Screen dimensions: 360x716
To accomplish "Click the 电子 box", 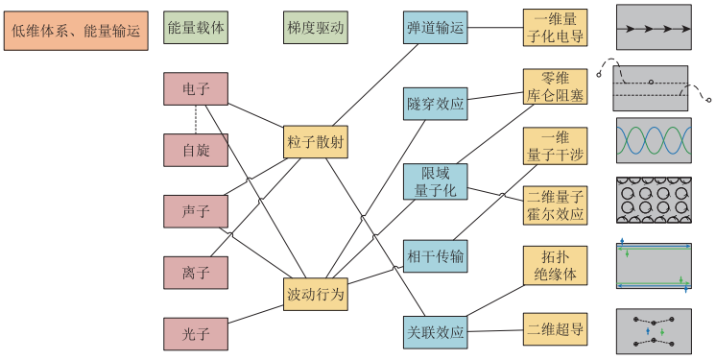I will [196, 89].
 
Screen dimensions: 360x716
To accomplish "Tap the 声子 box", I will [196, 210].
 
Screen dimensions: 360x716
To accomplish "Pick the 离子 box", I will [196, 272].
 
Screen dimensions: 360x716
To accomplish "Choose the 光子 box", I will [196, 333].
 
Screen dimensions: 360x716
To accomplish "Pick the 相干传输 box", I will [435, 256].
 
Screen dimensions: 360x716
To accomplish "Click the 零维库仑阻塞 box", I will [555, 87].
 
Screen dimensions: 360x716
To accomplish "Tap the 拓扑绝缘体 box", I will [555, 265].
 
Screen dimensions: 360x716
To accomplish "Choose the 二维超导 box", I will [555, 329].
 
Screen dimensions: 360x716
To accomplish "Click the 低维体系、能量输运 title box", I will [75, 31].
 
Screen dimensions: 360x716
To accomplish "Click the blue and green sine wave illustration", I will [653, 141].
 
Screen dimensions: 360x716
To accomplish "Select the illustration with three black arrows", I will [653, 29].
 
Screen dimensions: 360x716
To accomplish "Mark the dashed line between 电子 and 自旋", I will [196, 119].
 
